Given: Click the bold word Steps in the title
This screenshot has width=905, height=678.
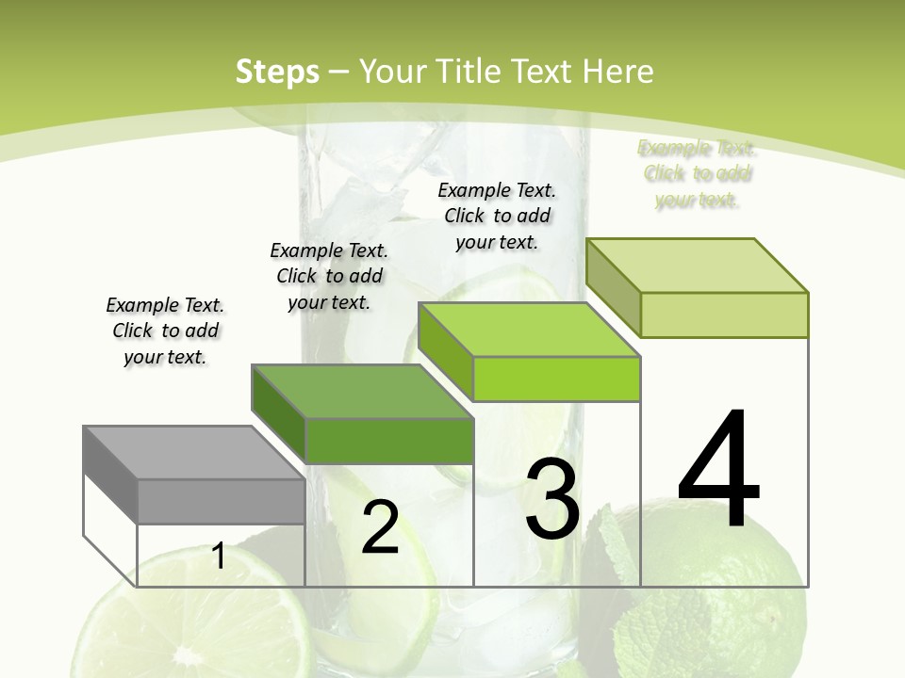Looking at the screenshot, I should pos(277,73).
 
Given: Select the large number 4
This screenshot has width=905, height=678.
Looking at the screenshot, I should pos(718,469).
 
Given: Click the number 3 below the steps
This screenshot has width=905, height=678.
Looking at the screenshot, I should pos(552,498).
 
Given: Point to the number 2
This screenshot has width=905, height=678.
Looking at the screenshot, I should pos(380,528).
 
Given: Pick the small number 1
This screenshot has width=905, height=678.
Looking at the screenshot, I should pos(219,557).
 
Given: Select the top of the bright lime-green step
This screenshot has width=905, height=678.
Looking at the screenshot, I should pos(529,330).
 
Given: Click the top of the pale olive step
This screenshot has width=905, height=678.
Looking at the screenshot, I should pos(697,266).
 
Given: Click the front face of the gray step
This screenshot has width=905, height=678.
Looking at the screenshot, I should pos(221,501).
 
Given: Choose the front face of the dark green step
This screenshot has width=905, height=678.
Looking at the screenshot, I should pos(388,441).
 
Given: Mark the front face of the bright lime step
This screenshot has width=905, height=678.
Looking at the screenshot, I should pos(556,379).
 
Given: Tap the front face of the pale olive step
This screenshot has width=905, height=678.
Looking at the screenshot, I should pos(724,315).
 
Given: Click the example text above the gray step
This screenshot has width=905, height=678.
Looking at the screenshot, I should pos(165,331).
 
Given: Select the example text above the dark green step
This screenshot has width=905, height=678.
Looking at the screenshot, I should pos(329,276).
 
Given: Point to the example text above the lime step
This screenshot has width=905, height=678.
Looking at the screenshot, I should pos(497,216).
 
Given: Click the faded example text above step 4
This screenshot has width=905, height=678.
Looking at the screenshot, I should pos(697,173).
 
